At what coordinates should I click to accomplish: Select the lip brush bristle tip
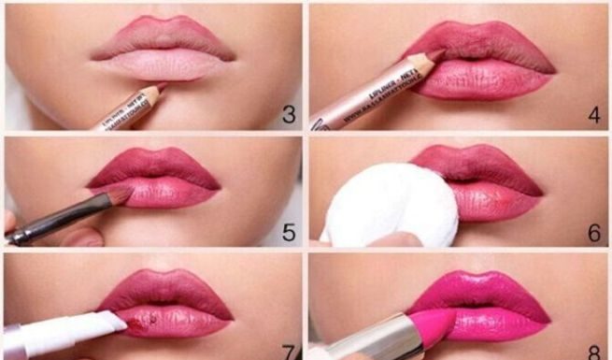(121, 194)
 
